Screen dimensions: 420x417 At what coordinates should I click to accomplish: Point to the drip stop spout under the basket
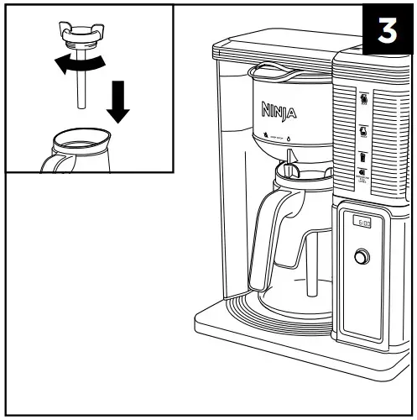pyautogui.click(x=289, y=156)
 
